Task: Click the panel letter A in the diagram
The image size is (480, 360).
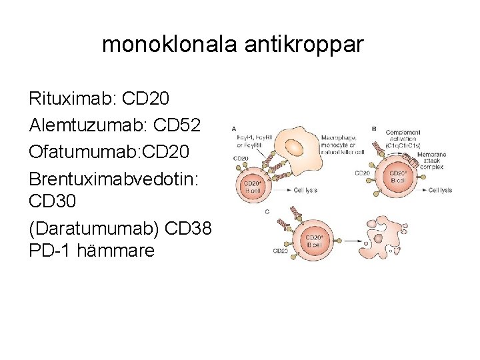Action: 233,128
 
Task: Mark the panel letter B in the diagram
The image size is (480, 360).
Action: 375,128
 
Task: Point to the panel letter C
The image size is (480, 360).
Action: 267,211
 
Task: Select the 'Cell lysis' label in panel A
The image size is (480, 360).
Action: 306,190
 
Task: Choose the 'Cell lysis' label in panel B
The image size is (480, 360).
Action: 440,190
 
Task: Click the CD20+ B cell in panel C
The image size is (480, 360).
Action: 317,241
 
